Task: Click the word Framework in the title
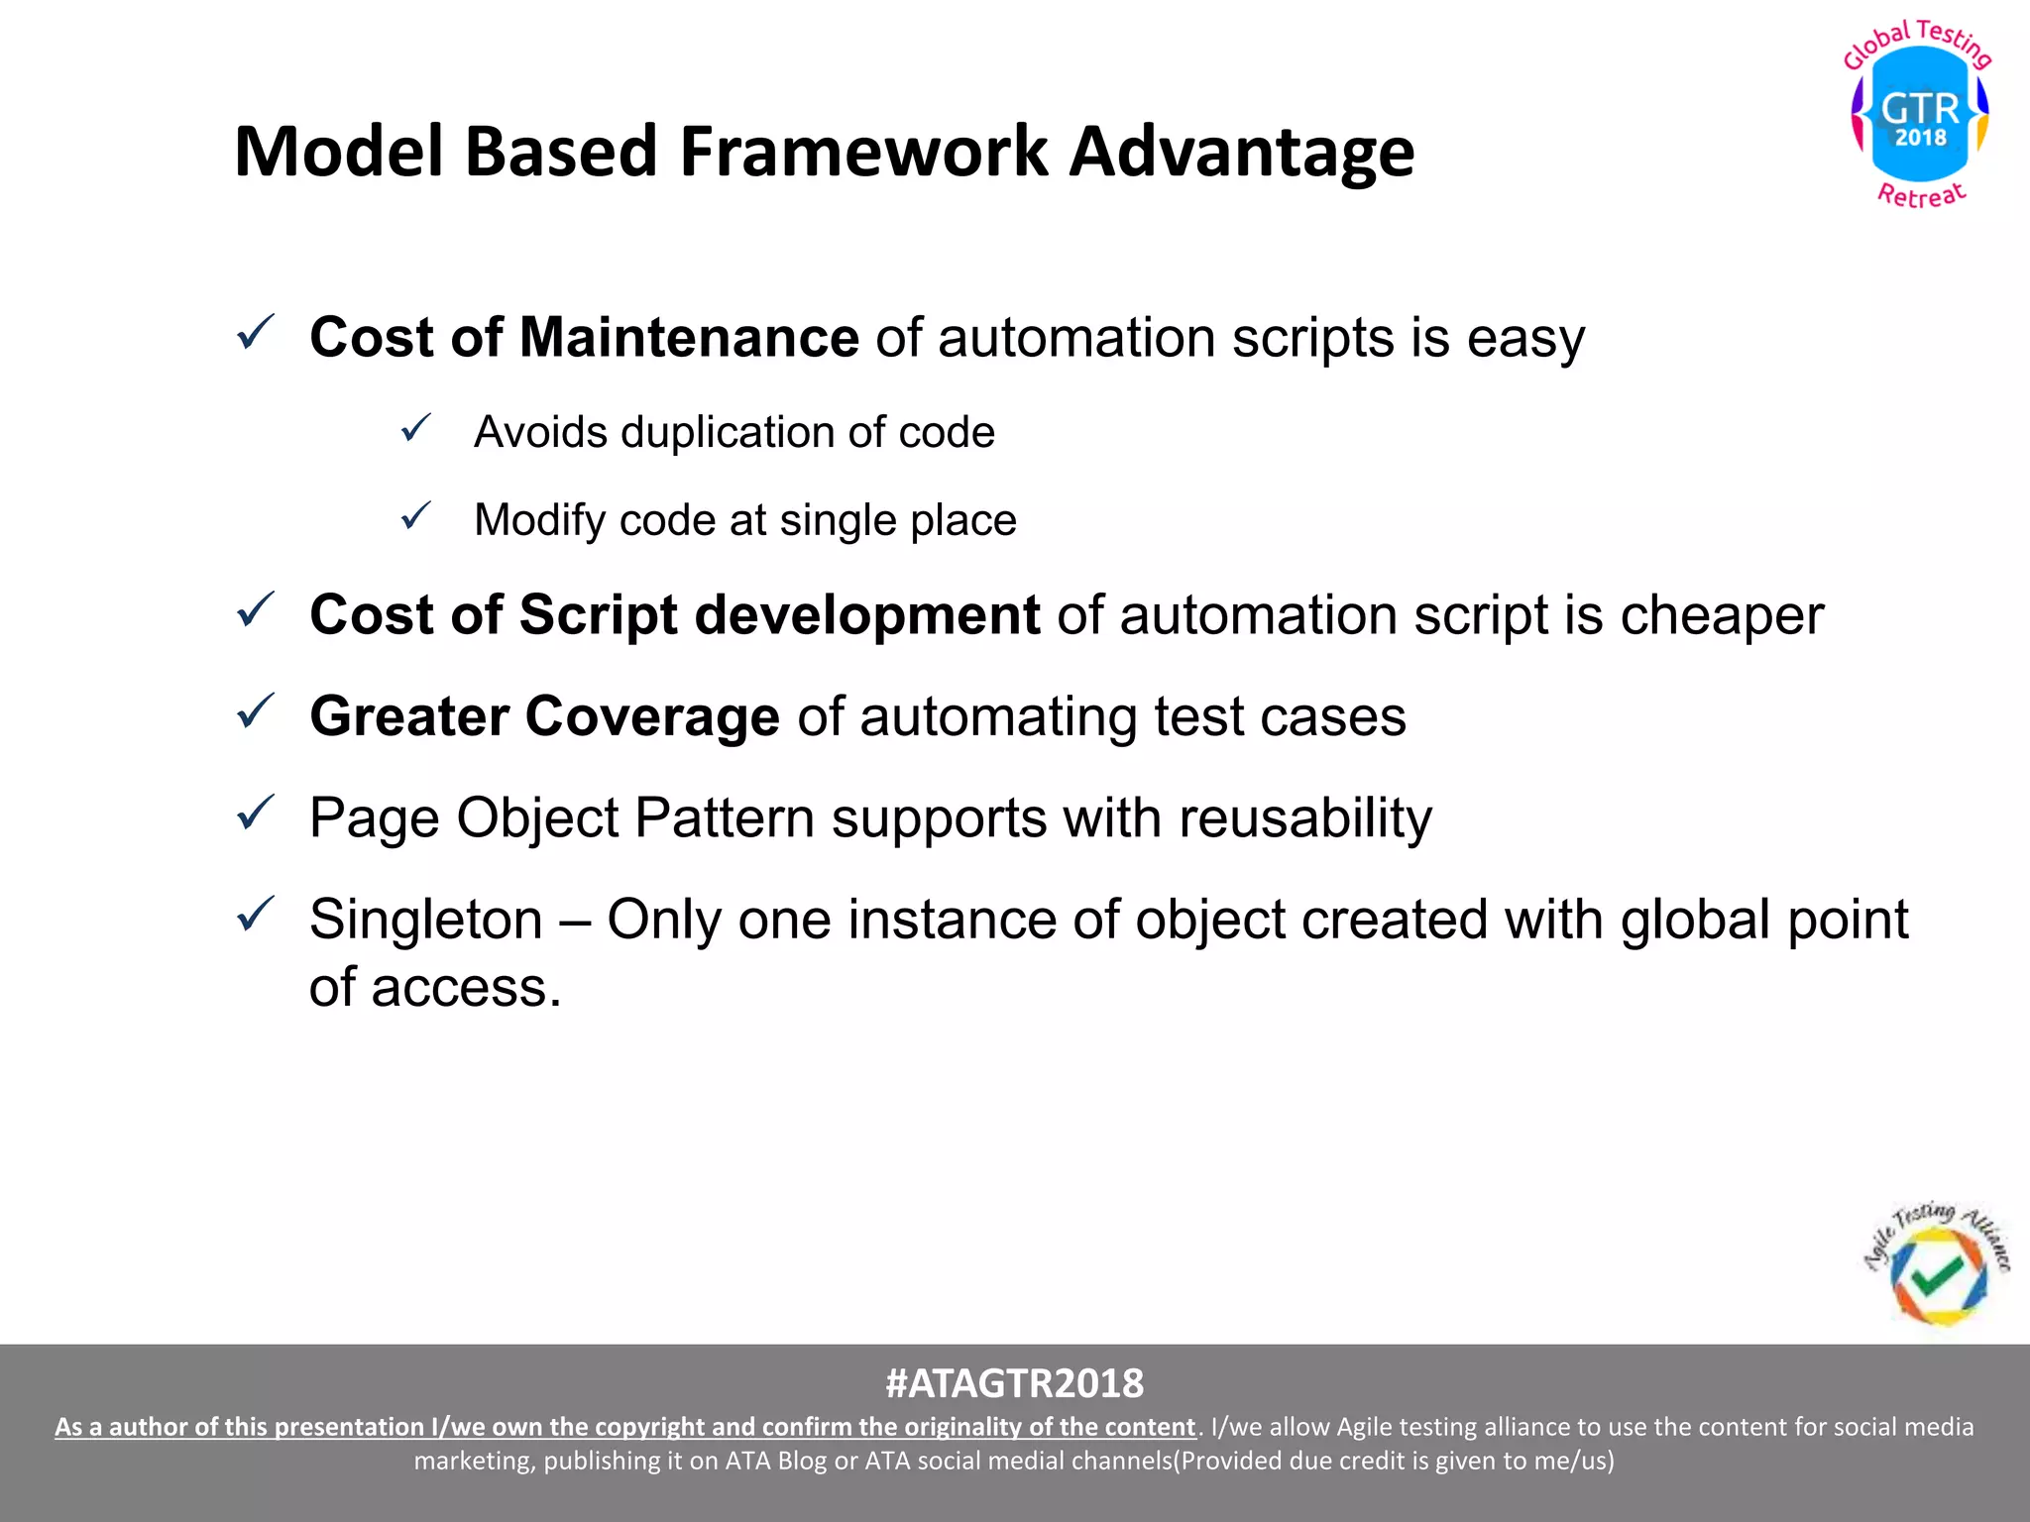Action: click(x=863, y=152)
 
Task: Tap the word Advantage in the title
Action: click(x=1242, y=152)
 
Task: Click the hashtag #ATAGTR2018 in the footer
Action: click(x=1014, y=1383)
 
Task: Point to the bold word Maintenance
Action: click(x=689, y=338)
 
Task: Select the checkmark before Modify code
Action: click(x=416, y=516)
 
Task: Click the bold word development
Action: click(x=866, y=615)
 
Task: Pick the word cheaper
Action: click(x=1722, y=615)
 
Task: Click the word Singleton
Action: click(x=426, y=920)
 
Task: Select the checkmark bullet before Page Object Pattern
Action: click(x=256, y=814)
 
